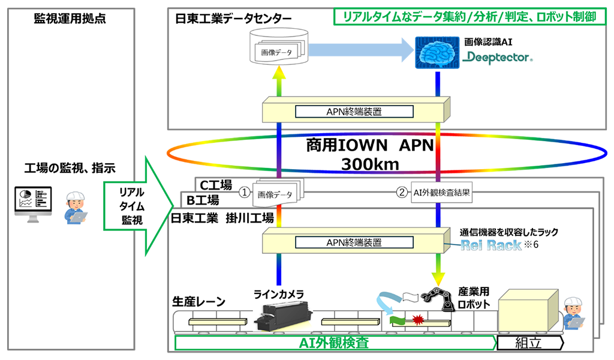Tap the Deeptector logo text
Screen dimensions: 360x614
tap(499, 58)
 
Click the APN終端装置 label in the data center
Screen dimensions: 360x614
tap(354, 111)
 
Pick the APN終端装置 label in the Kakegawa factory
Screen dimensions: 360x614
tap(354, 243)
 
